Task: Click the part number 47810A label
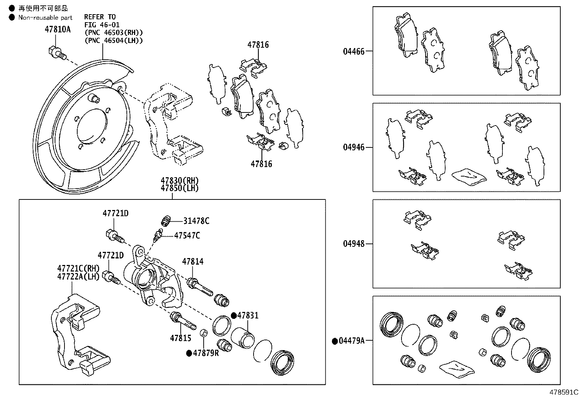58,29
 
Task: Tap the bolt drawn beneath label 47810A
56,53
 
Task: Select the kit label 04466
353,51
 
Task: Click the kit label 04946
353,147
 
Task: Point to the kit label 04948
353,243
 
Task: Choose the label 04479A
351,341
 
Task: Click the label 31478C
196,221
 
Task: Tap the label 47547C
187,235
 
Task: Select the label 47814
193,261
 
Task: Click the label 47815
180,338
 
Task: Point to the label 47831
248,315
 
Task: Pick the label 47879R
206,353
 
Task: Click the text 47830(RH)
180,181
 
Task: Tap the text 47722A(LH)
78,276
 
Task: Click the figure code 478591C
564,392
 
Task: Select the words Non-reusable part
46,17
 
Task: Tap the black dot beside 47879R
189,353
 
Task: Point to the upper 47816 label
258,45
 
